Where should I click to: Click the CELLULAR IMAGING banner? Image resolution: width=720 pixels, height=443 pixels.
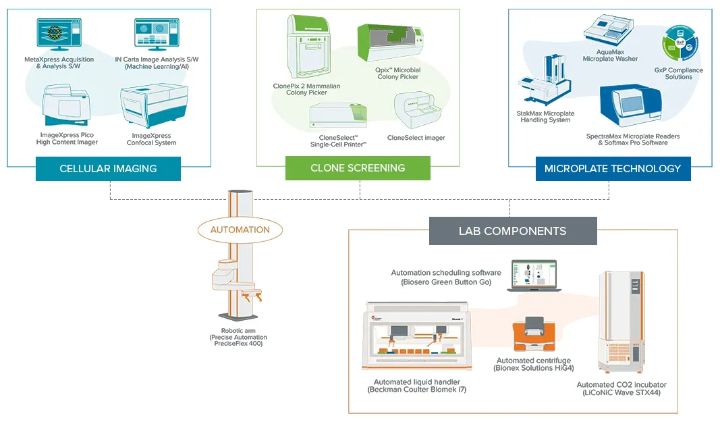[x=108, y=169]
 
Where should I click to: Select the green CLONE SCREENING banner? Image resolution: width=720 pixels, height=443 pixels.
[x=358, y=168]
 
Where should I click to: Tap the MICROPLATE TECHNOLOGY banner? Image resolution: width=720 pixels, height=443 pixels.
[x=613, y=169]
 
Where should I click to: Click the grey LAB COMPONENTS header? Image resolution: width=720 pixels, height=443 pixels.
[x=512, y=231]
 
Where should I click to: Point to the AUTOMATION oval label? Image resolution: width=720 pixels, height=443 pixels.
[x=240, y=230]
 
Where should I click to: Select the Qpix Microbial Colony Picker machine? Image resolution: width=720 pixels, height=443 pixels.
[x=392, y=45]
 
